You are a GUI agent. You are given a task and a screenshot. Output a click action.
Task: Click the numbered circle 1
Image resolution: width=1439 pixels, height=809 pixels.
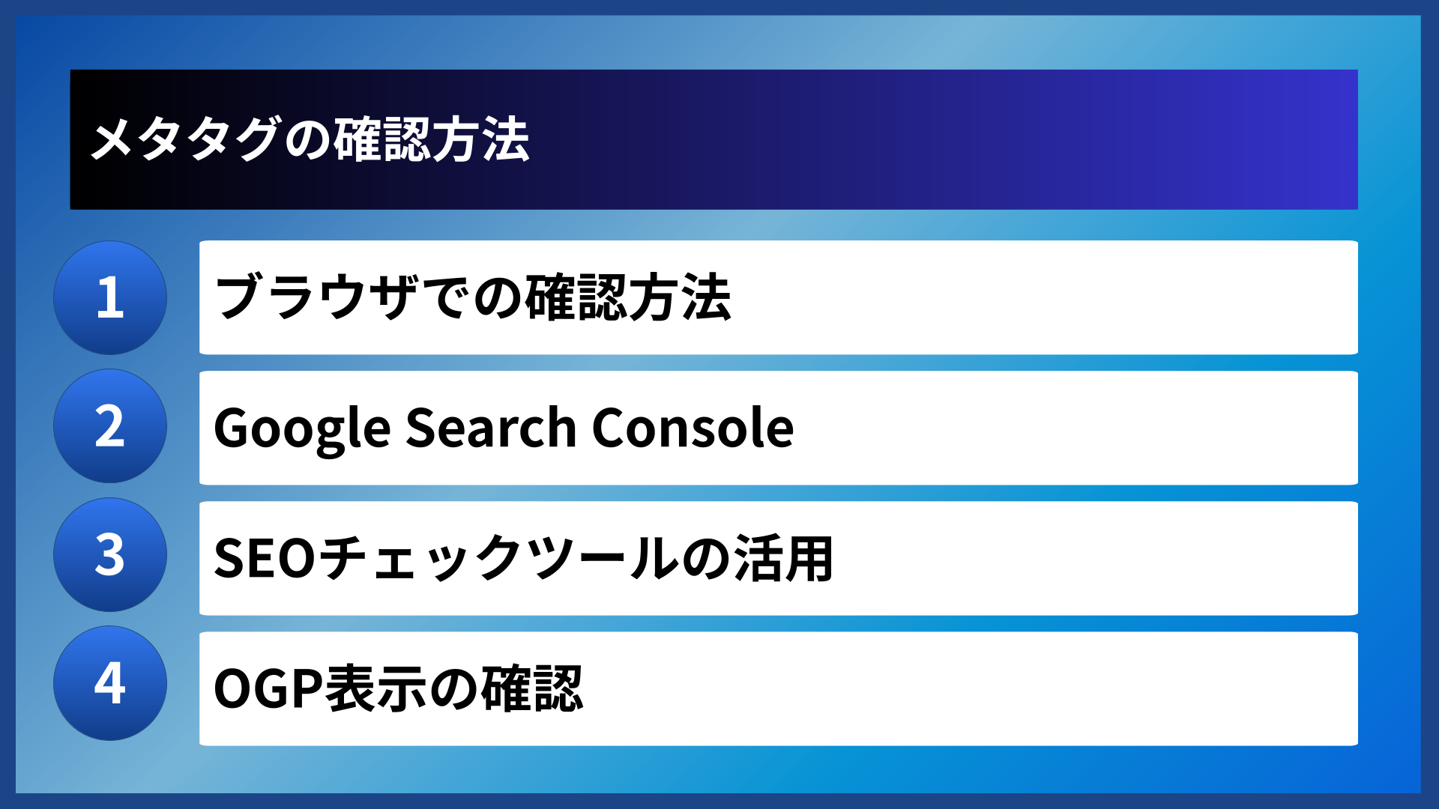click(x=110, y=297)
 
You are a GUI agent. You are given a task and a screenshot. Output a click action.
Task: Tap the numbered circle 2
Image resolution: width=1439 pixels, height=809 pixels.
click(x=110, y=426)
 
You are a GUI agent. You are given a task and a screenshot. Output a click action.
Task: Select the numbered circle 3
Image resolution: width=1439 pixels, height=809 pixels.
click(x=110, y=555)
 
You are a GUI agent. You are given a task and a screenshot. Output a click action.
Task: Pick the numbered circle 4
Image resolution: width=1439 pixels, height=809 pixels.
click(x=110, y=683)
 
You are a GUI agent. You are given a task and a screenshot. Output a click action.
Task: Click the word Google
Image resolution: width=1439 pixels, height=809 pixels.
click(x=302, y=428)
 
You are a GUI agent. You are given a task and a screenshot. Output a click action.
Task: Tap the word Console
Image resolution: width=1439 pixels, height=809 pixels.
click(x=693, y=428)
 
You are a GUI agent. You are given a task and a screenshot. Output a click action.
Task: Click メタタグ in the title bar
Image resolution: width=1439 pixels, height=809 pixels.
click(x=184, y=140)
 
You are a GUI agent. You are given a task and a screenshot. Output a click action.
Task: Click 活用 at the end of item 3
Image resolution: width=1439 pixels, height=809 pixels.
click(x=783, y=559)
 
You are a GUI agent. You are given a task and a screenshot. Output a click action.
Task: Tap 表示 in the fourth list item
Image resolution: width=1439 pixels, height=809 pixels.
click(x=375, y=688)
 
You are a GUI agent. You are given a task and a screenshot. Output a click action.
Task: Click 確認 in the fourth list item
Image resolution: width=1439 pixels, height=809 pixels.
click(x=531, y=688)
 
